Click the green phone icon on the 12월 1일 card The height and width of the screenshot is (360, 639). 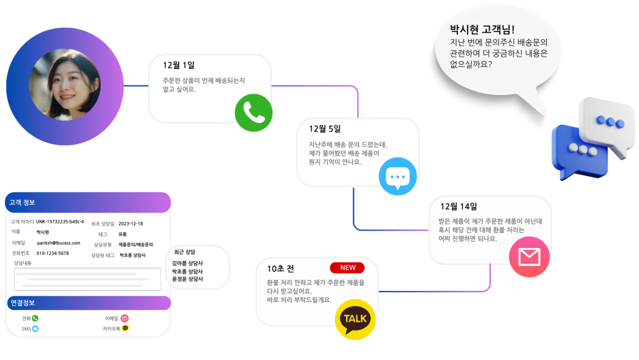[254, 113]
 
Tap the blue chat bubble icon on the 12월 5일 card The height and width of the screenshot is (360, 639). [397, 177]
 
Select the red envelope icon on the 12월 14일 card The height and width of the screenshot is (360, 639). [529, 257]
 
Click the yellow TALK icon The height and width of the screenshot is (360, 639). [355, 319]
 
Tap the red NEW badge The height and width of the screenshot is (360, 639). [347, 268]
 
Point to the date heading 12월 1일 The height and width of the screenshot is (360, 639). [179, 65]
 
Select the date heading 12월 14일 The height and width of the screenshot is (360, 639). [459, 206]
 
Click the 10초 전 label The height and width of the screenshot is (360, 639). [281, 268]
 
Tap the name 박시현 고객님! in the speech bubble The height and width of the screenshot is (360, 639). [482, 30]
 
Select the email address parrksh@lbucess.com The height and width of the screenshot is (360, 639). [58, 243]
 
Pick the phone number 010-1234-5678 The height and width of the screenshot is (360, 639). [53, 253]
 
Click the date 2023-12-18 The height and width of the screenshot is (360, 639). [130, 223]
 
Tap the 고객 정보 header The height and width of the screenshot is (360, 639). [22, 202]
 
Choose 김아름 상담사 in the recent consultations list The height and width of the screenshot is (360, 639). [188, 263]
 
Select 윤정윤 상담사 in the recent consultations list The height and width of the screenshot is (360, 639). [188, 279]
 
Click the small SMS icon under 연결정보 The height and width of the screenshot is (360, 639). [35, 329]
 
